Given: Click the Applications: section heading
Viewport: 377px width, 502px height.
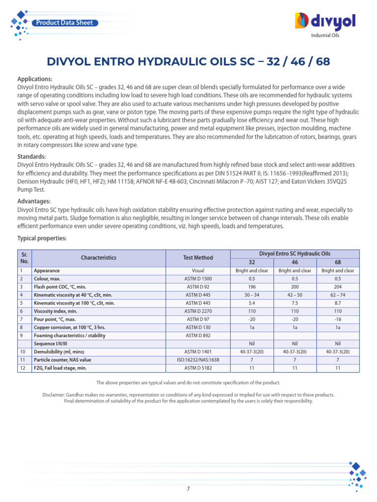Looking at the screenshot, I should [x=35, y=79].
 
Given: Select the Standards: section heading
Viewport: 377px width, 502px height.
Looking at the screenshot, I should [x=32, y=157].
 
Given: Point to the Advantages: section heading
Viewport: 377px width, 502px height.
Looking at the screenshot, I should [x=34, y=201].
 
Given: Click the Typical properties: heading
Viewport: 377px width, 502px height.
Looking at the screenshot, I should [x=42, y=238].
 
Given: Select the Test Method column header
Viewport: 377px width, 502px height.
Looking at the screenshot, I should [x=198, y=257].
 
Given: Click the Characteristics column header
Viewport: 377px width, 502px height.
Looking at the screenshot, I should [x=99, y=257].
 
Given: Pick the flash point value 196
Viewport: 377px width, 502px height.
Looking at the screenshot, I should [x=252, y=287].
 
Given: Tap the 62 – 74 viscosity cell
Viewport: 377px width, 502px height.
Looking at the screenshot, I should [x=338, y=295].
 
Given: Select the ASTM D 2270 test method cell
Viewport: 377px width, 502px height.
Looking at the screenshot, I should [x=198, y=312].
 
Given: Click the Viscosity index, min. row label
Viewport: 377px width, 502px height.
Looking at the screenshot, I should [x=55, y=312].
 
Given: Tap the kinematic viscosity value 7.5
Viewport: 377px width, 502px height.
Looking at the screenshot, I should [x=295, y=303].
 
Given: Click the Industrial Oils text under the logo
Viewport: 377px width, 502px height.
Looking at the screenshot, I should [x=325, y=35].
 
